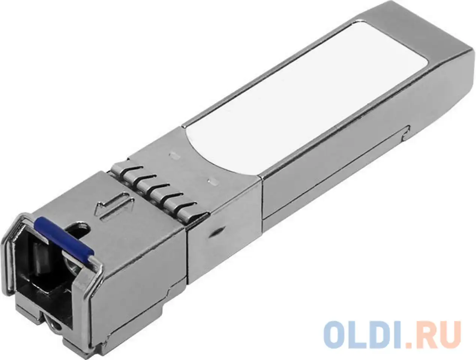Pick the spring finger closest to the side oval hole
188,211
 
